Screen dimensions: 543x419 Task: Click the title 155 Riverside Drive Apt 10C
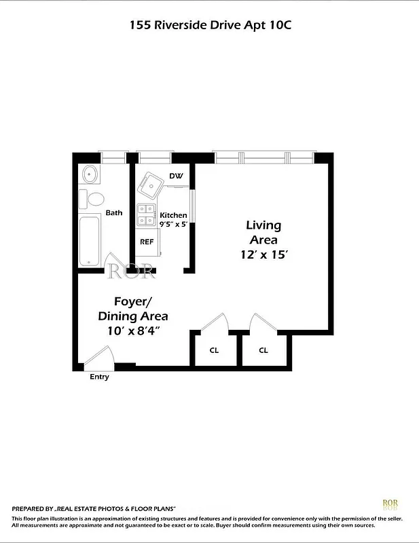pos(210,25)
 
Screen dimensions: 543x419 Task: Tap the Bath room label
pos(114,212)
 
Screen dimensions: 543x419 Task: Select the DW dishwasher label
pos(176,176)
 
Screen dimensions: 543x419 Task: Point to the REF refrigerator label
pos(147,242)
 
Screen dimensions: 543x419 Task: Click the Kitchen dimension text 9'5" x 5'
pos(173,223)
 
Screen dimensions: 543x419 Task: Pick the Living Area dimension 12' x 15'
pos(263,255)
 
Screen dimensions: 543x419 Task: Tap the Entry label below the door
pos(99,377)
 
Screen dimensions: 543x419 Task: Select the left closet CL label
pos(214,350)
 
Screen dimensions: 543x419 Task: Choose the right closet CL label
pos(263,350)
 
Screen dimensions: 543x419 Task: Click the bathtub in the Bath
pos(90,241)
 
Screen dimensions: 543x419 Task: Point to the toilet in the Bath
pos(94,200)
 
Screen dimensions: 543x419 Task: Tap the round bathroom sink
pos(90,175)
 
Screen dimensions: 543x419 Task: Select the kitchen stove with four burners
pos(146,214)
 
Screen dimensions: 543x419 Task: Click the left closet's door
pos(216,322)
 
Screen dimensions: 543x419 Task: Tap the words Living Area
pos(263,232)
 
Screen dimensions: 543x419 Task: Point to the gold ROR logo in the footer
pos(390,504)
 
